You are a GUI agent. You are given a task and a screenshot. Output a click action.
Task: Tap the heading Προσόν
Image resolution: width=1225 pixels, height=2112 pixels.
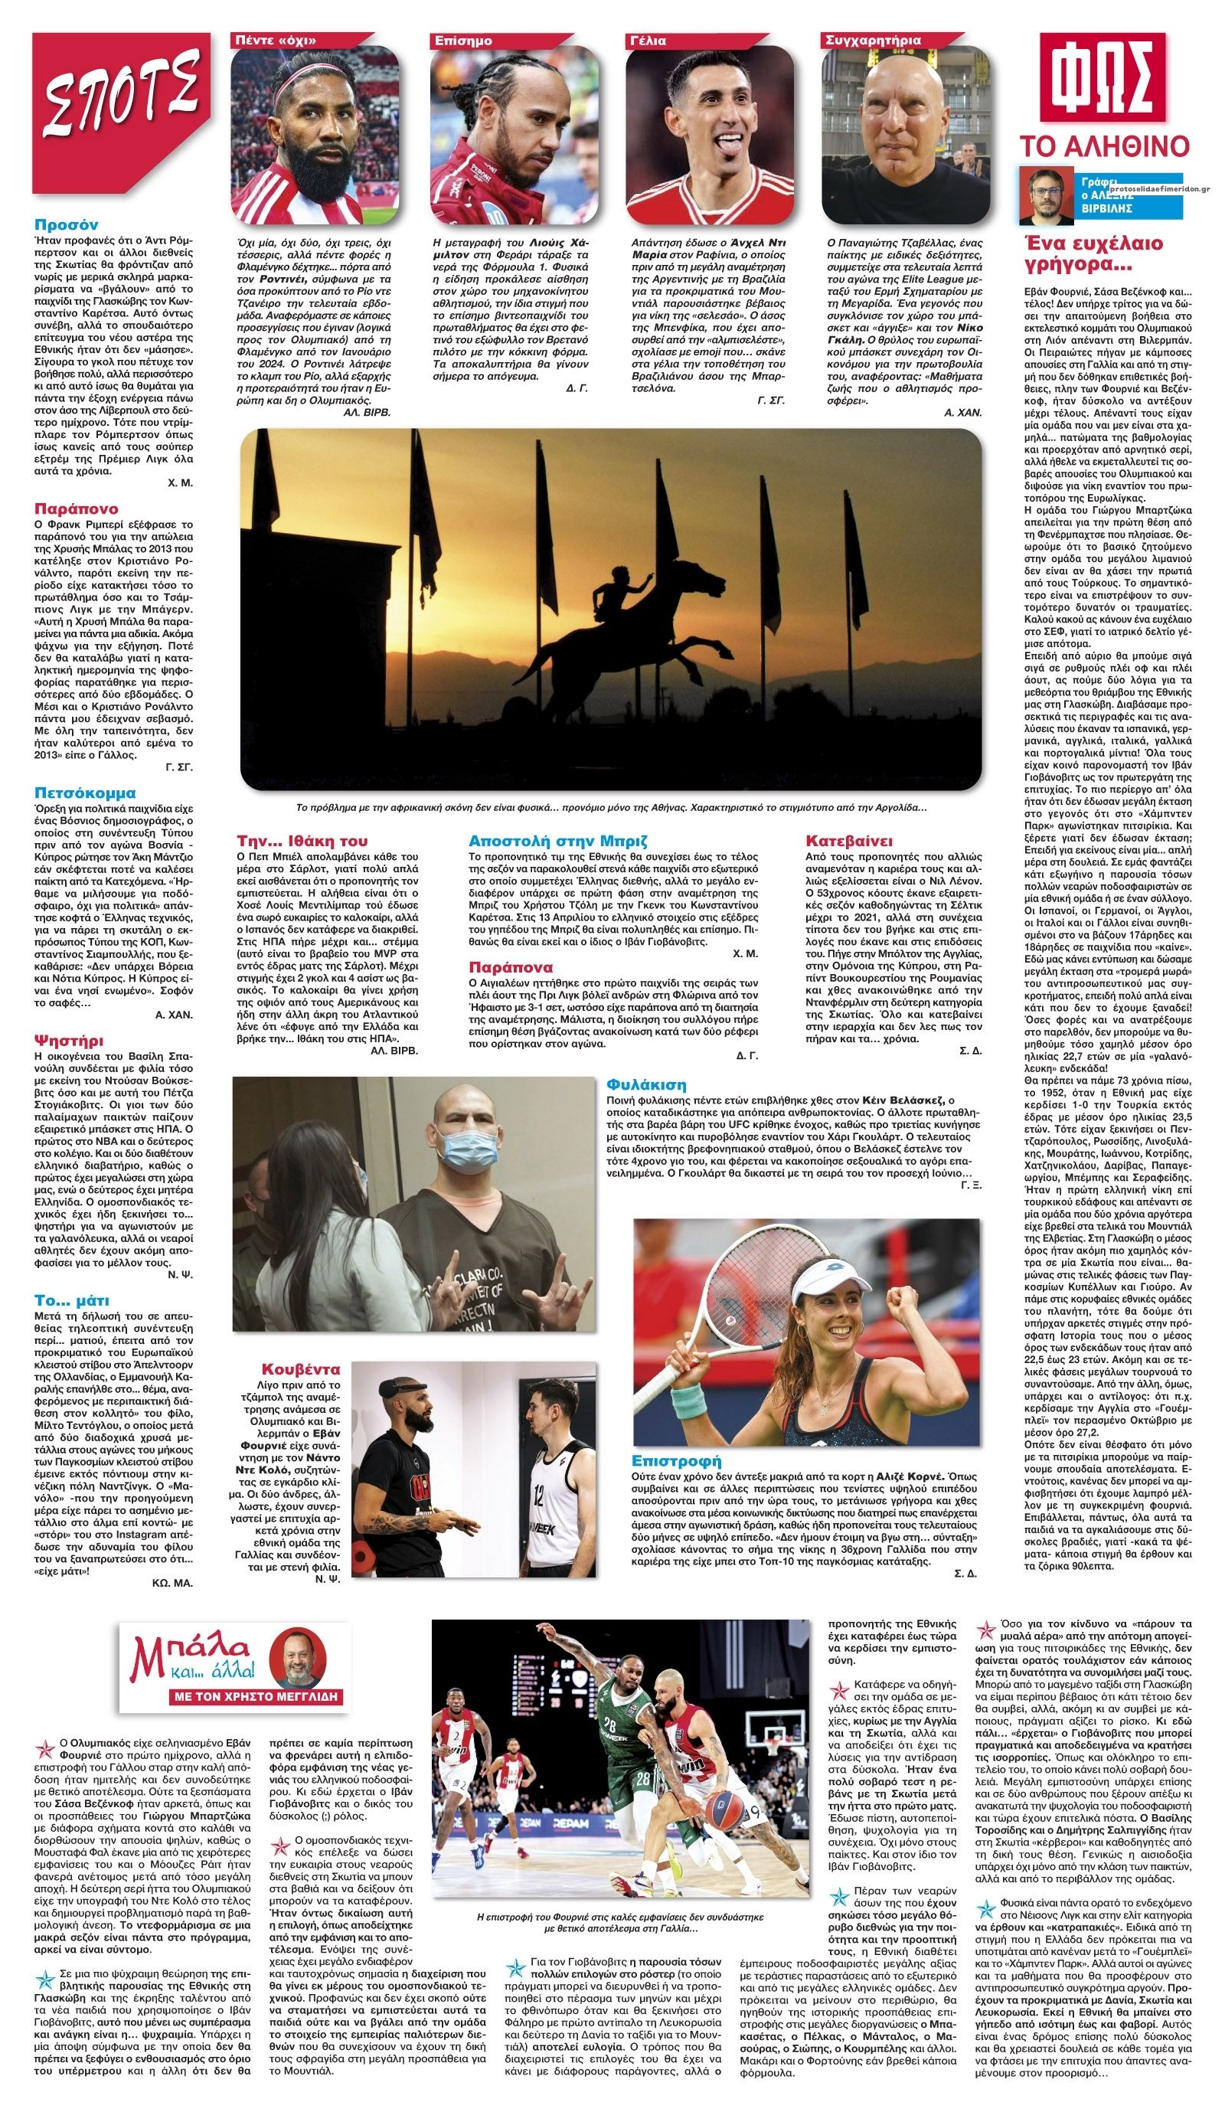pyautogui.click(x=66, y=224)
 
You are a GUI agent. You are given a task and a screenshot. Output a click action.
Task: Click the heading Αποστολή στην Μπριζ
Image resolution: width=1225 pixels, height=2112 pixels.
pyautogui.click(x=559, y=840)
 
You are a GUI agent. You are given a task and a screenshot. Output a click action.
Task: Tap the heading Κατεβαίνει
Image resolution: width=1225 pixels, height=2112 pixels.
pyautogui.click(x=849, y=840)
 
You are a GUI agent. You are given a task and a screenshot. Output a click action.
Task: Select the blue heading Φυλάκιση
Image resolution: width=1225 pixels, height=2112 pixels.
pyautogui.click(x=646, y=1084)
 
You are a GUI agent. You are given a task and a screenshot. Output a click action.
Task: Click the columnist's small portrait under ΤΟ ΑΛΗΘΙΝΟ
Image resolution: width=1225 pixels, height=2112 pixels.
pyautogui.click(x=1044, y=196)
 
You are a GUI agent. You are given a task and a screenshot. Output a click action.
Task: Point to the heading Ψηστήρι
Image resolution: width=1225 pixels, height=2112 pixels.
pyautogui.click(x=70, y=1040)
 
